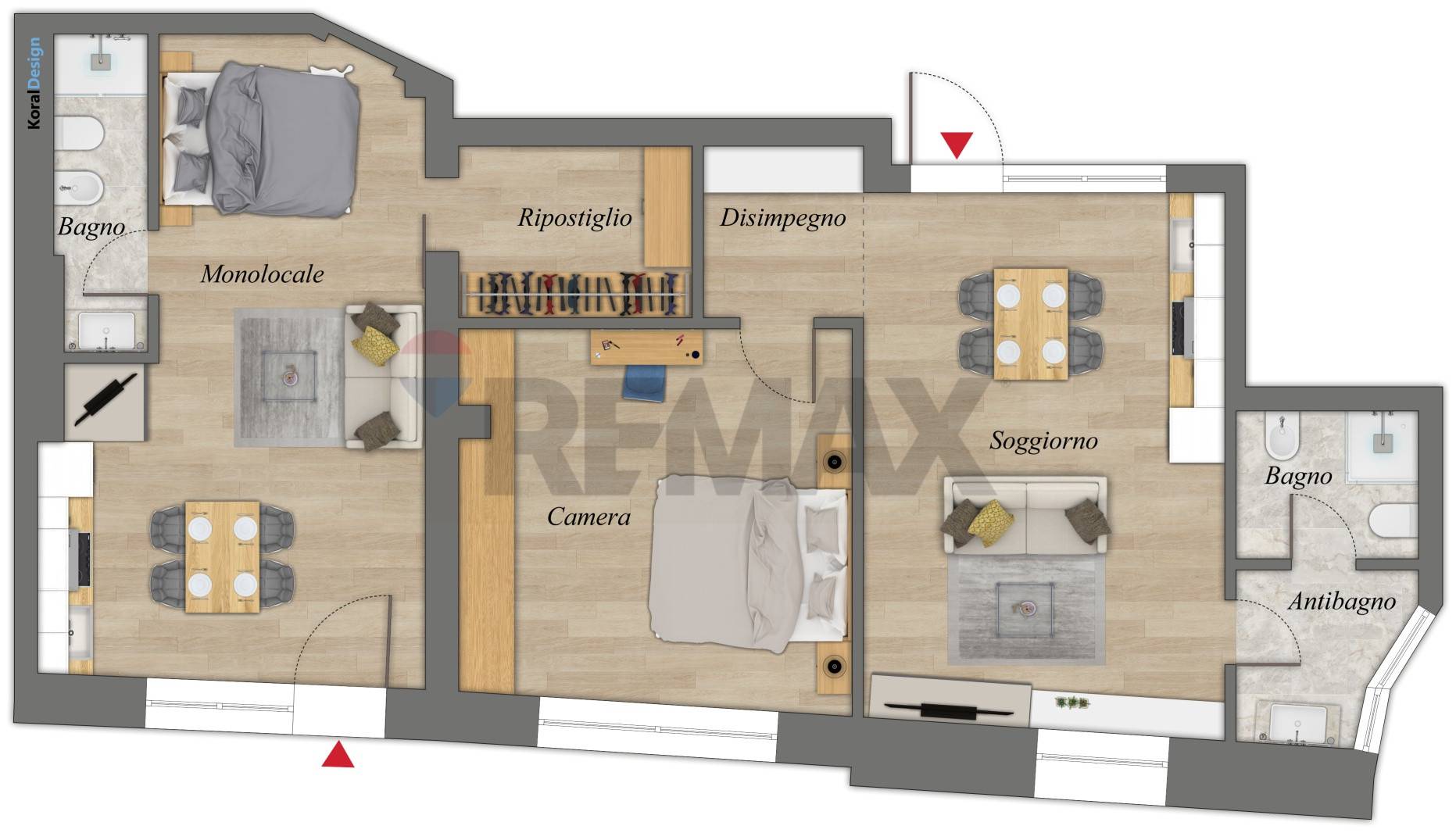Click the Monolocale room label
tap(262, 273)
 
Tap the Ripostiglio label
tap(574, 218)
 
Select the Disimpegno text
tap(782, 218)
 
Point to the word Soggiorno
tap(1043, 442)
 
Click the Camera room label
tap(588, 517)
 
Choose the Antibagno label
tap(1342, 602)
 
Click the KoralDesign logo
tap(34, 83)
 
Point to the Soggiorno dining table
tap(1031, 324)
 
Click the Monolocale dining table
tap(223, 557)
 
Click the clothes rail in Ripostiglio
tap(575, 293)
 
